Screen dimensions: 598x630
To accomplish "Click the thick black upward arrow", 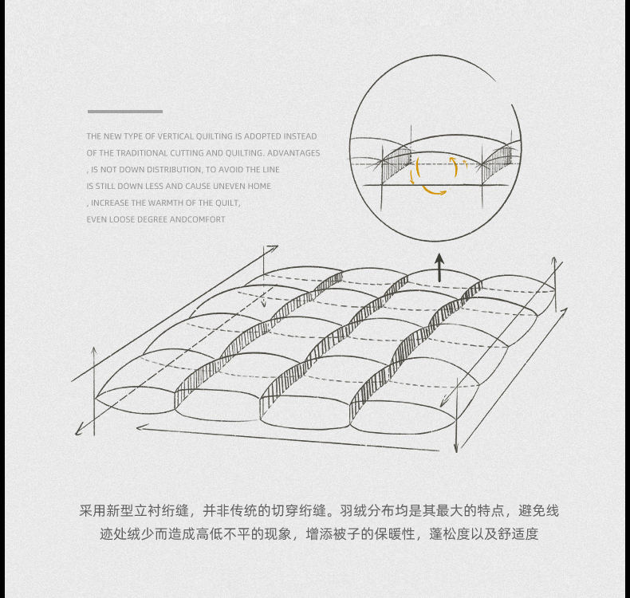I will coord(439,267).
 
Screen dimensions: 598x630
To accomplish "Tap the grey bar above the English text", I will coord(124,112).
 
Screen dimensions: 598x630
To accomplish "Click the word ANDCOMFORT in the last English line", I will coord(198,219).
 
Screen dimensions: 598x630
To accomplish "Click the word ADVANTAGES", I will coord(293,153).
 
